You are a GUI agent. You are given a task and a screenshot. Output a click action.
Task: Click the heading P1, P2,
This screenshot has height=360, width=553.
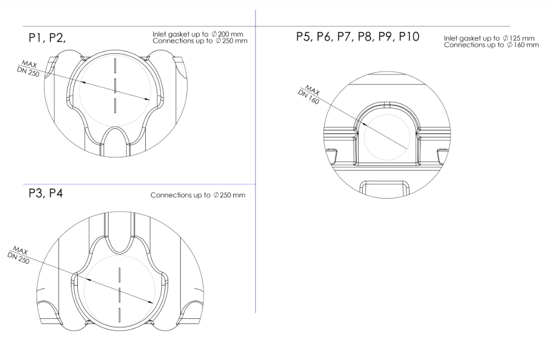pos(47,38)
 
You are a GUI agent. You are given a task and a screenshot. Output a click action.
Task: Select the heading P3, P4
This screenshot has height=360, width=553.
pos(46,193)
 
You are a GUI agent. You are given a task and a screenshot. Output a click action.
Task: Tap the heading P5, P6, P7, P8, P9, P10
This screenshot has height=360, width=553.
pos(357,37)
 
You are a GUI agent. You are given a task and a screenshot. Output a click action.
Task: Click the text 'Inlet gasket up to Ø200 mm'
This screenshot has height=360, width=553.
pos(198,34)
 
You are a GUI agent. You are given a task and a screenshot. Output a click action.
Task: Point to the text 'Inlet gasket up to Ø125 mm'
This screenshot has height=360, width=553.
pos(489,38)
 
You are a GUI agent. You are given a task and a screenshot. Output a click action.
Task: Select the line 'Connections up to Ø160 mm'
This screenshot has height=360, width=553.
pos(491,45)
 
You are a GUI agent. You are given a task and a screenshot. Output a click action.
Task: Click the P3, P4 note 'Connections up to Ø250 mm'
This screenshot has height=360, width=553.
pos(198,195)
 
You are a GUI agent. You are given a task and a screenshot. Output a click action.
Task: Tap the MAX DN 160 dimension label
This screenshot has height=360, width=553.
pos(309,94)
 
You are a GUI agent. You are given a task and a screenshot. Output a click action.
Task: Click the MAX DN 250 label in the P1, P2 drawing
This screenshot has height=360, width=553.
pos(28,69)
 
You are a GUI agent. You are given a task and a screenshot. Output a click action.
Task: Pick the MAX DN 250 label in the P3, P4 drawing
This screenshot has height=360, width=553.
pos(18,255)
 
